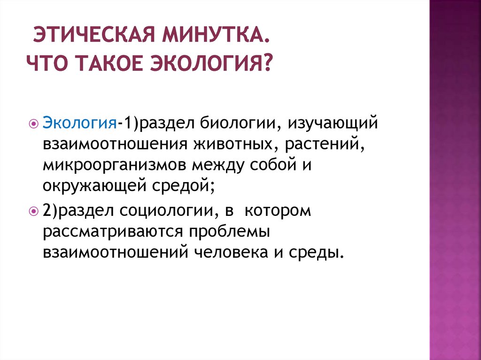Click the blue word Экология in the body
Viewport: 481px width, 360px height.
(x=80, y=123)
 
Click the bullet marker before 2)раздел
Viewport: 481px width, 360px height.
(x=33, y=212)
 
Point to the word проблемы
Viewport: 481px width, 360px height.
(x=228, y=232)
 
